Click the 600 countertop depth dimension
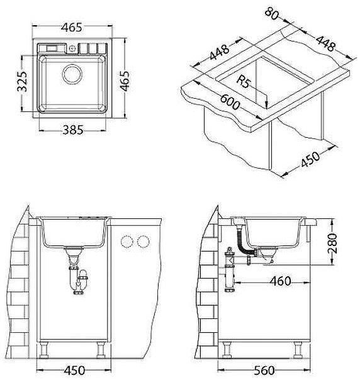230,104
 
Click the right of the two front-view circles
143,242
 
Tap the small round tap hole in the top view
73,48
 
